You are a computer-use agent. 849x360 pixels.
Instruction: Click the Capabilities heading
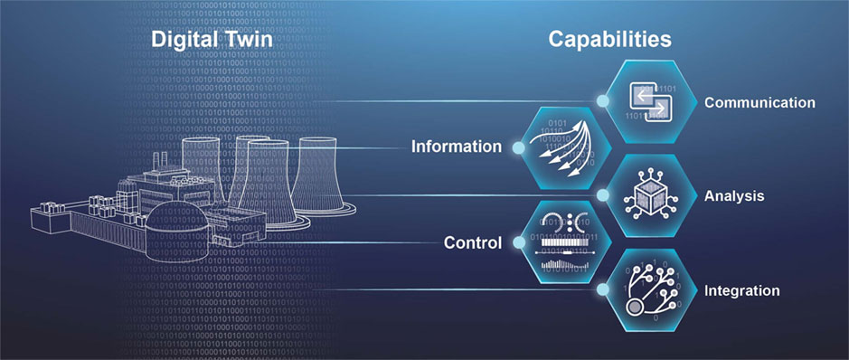click(608, 39)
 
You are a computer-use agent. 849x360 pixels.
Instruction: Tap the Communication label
click(759, 103)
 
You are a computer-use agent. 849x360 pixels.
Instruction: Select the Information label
click(456, 147)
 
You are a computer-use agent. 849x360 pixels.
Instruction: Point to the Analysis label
click(735, 195)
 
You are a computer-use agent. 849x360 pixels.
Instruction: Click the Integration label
click(741, 290)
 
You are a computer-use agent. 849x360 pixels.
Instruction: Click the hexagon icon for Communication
click(652, 100)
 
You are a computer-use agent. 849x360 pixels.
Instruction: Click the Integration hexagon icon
click(652, 290)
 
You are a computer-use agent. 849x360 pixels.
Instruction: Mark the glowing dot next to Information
click(518, 147)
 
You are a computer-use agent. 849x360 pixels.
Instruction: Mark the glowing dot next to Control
click(518, 242)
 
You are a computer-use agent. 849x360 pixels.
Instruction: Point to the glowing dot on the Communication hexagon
click(603, 100)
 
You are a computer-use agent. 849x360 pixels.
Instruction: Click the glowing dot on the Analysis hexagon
click(603, 194)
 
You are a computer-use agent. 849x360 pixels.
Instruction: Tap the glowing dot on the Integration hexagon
click(603, 290)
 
